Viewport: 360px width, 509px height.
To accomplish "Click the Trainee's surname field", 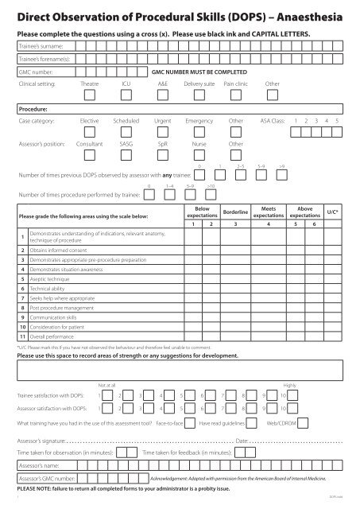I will coord(199,47).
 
